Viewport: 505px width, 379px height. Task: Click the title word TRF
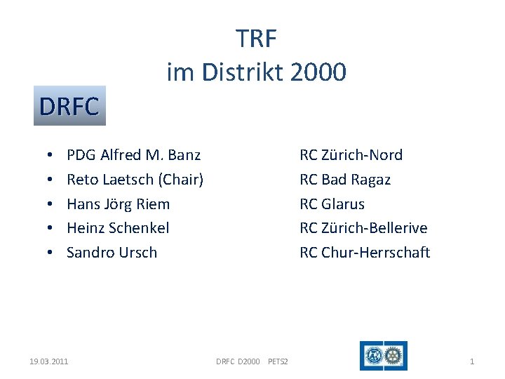256,39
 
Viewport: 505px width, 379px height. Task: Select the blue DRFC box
69,106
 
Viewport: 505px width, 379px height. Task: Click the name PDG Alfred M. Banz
133,154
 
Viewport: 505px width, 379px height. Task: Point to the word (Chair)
181,179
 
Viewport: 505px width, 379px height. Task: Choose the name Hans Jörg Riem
118,204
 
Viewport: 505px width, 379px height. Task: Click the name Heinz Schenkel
118,227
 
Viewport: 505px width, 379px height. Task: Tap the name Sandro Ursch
112,252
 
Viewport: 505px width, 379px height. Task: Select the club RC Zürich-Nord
351,154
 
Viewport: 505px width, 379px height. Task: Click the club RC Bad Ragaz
345,179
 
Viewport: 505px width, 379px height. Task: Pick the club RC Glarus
332,204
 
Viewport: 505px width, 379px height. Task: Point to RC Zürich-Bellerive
363,227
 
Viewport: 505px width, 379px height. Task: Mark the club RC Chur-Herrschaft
365,252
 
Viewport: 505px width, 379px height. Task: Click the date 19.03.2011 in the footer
49,361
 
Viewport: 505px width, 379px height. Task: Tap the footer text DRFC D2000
237,361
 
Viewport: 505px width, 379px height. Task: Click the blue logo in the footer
383,356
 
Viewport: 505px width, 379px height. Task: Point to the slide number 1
471,361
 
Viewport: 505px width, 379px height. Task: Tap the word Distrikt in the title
239,72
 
